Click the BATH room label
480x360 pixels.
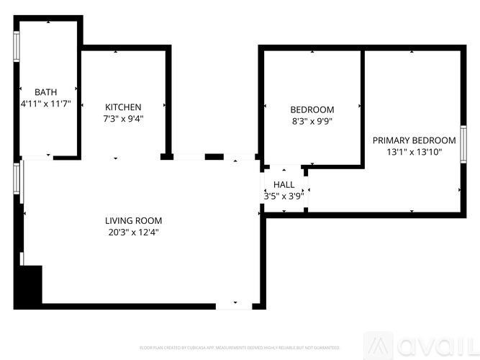(45, 92)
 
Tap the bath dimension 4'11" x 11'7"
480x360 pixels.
(45, 104)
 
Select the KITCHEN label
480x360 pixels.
(123, 107)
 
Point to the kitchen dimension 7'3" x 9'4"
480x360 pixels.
(123, 119)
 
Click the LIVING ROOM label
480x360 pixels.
(133, 221)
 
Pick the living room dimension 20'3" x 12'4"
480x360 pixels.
(133, 233)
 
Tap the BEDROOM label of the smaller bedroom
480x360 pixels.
(312, 109)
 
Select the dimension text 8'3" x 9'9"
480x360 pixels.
(312, 121)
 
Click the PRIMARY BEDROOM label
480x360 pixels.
(414, 140)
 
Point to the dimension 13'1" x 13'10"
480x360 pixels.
(414, 152)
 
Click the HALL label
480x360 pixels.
(284, 185)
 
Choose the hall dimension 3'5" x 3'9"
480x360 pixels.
(284, 196)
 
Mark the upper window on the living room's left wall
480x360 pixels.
(19, 179)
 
